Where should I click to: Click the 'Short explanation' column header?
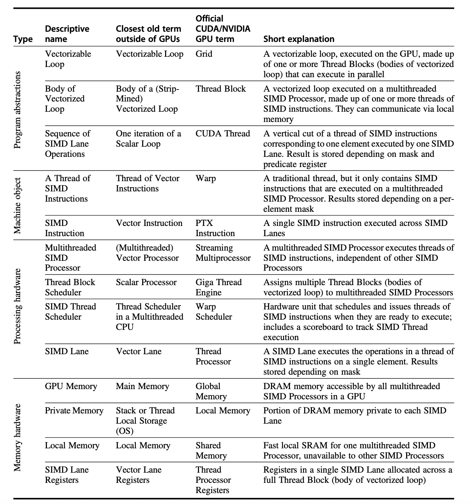point(299,39)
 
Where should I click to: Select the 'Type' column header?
point(23,39)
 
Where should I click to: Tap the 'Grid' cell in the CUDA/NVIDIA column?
point(204,54)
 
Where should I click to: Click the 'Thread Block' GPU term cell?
point(221,88)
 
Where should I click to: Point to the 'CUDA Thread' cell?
point(223,134)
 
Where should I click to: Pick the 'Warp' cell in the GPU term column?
point(206,178)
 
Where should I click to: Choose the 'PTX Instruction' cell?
point(215,228)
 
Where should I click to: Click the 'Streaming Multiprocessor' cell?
point(223,253)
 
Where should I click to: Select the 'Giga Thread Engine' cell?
point(219,287)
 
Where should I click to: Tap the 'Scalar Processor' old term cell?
point(146,282)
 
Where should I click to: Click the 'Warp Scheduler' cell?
point(214,312)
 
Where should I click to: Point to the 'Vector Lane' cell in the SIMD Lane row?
point(139,351)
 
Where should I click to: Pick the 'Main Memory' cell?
point(143,386)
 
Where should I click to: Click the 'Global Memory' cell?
point(211,391)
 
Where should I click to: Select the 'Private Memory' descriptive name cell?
point(74,411)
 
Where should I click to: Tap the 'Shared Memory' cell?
point(211,450)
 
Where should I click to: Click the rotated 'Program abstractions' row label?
point(17,110)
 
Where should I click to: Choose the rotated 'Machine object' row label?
point(17,205)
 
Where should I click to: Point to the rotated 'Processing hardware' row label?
point(17,306)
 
